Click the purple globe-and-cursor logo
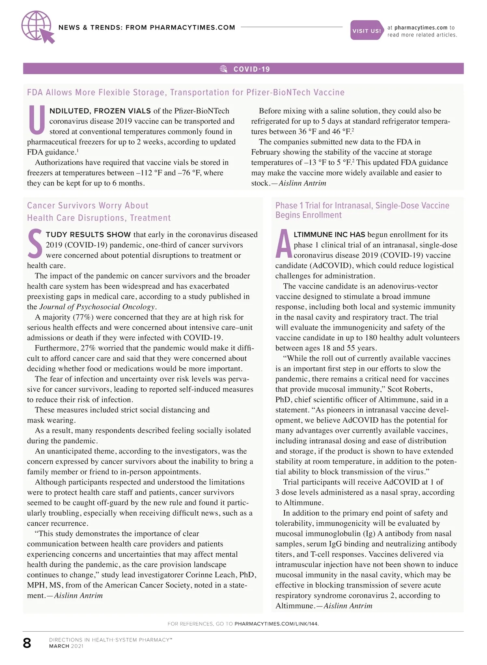37,27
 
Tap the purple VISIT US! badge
366,30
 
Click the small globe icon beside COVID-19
224,69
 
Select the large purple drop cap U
37,121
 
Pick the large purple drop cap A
283,244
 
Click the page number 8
27,643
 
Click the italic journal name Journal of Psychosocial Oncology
97,307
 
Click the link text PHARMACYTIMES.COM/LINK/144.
276,624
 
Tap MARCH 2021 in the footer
66,646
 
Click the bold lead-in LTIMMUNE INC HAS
329,235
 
